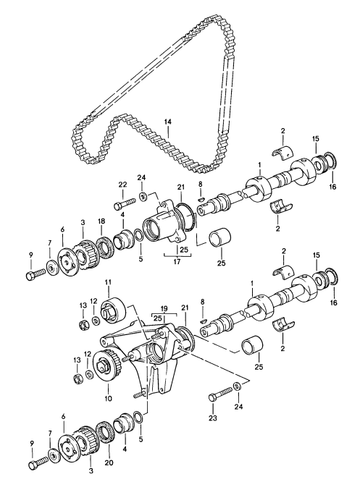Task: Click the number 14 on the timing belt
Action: (167, 122)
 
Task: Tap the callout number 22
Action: (123, 185)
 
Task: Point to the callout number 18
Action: (101, 221)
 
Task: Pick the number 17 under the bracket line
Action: (177, 261)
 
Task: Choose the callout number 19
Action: (164, 309)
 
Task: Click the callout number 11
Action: (109, 282)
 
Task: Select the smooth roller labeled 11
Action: (113, 310)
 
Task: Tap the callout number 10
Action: (108, 398)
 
